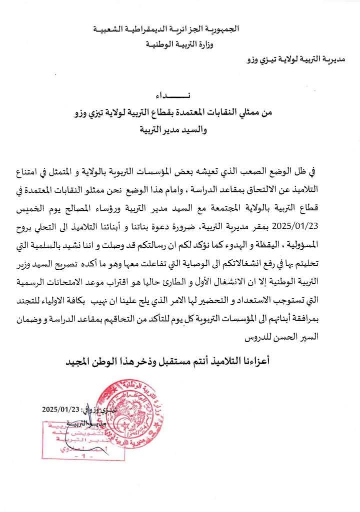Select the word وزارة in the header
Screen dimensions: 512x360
tap(229, 45)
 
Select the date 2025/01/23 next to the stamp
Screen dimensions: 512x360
tap(62, 409)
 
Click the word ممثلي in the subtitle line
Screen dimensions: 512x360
tap(260, 114)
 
